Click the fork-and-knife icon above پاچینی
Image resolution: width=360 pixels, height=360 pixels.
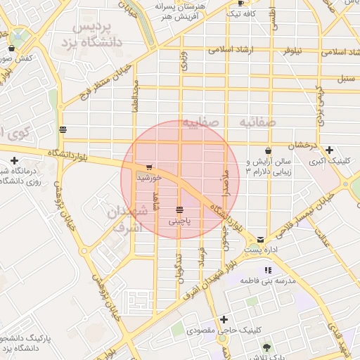click(180, 210)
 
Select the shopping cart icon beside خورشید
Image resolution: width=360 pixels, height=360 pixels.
click(149, 167)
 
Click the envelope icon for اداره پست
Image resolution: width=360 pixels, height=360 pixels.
click(261, 240)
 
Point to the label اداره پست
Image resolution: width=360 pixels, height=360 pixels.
click(260, 250)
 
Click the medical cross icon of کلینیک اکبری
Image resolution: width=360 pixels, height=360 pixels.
click(330, 149)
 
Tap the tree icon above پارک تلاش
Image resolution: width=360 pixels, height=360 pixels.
click(266, 347)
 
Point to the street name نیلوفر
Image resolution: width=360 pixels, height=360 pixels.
click(295, 52)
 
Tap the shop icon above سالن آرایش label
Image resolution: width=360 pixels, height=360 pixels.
click(268, 151)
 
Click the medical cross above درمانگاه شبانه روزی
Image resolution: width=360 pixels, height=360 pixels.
click(14, 160)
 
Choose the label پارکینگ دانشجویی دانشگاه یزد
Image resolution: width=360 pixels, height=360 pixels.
click(27, 344)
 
